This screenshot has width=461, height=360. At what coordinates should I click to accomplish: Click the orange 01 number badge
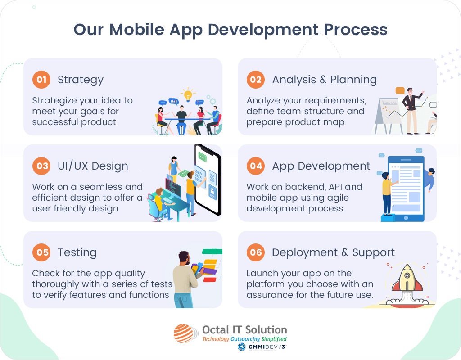pos(41,80)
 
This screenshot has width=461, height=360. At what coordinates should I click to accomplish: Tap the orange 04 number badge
pos(256,166)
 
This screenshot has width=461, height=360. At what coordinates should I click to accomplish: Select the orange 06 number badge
pos(256,252)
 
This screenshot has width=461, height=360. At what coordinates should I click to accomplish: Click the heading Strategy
pos(81,80)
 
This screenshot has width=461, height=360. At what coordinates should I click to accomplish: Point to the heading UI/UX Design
pos(93,166)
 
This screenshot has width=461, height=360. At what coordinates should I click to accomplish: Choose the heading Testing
pos(77,253)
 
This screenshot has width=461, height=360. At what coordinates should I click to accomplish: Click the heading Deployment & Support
pos(333,252)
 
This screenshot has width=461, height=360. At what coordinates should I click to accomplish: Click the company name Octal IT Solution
pos(244,330)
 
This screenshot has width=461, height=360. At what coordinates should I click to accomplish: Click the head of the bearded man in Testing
pos(185,259)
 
